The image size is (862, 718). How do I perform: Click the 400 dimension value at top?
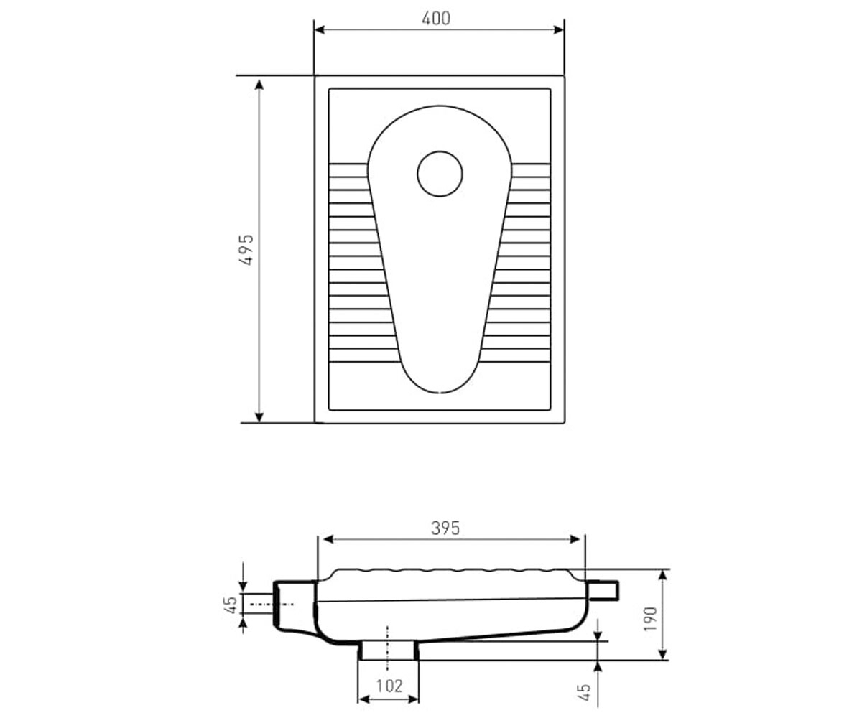[x=436, y=19]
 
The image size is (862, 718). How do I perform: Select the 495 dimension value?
[x=246, y=250]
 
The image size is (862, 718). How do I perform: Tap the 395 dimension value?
[x=445, y=528]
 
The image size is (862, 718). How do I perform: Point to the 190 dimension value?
[x=650, y=618]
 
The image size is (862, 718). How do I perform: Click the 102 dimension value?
[x=389, y=686]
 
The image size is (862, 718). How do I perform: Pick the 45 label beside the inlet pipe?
[x=232, y=605]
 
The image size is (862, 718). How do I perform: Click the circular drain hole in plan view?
[x=440, y=174]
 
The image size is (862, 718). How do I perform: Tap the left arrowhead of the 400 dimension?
[x=320, y=29]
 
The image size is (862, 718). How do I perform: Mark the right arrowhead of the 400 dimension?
[x=559, y=29]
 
